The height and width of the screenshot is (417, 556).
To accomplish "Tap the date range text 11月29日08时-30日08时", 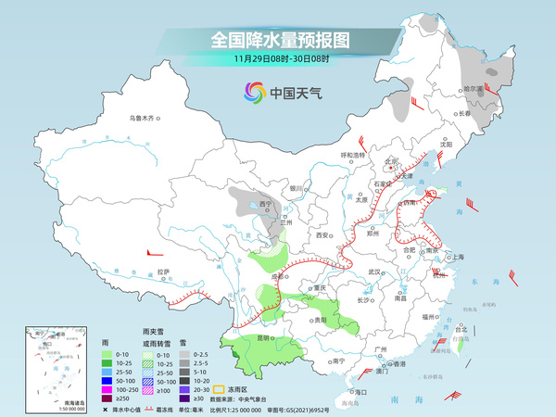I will tap(279, 59).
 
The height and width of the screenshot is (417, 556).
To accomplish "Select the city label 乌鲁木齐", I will tap(145, 118).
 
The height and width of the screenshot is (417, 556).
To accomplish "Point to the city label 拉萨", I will tap(163, 272).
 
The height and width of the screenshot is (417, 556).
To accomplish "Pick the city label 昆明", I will tap(264, 337).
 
